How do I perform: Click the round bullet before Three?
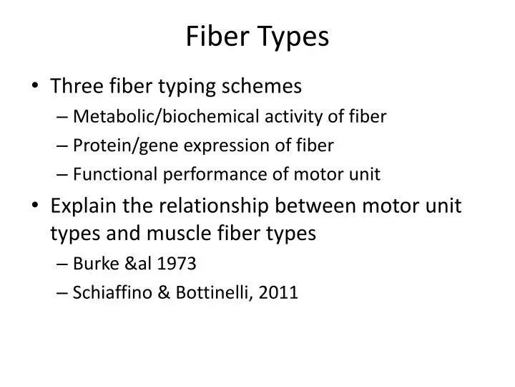pyautogui.click(x=36, y=87)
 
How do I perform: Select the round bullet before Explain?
pyautogui.click(x=36, y=206)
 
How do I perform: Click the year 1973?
pyautogui.click(x=179, y=263)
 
